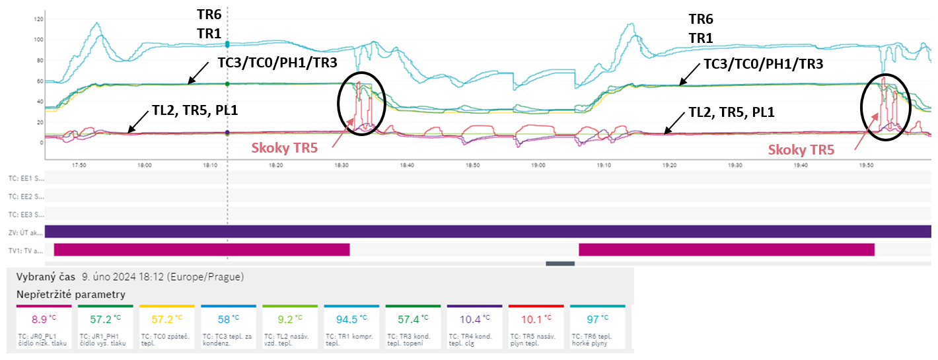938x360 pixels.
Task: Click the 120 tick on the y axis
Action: click(x=38, y=19)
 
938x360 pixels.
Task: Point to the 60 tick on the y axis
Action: click(x=39, y=81)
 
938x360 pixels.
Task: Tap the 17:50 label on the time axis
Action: click(x=79, y=166)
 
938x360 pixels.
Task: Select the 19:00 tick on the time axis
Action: click(x=538, y=166)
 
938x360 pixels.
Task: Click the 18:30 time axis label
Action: click(x=342, y=166)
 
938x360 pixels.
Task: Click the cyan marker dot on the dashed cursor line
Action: click(x=227, y=44)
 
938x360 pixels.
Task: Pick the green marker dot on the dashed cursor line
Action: click(x=227, y=84)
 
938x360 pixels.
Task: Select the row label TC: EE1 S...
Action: click(x=25, y=178)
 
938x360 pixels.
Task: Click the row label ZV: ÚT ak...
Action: click(x=25, y=232)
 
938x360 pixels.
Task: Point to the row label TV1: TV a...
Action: click(x=25, y=250)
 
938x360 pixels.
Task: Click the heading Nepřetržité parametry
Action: click(x=71, y=294)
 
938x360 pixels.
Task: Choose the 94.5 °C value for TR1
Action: click(x=351, y=320)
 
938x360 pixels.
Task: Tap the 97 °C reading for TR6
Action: click(x=596, y=320)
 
